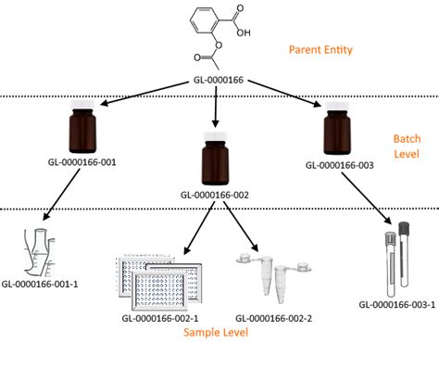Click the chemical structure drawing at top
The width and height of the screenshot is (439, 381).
tap(219, 34)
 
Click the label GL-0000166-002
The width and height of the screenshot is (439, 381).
tap(215, 195)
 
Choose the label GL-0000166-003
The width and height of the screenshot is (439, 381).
tap(339, 166)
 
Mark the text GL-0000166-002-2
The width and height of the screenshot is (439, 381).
tap(274, 317)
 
